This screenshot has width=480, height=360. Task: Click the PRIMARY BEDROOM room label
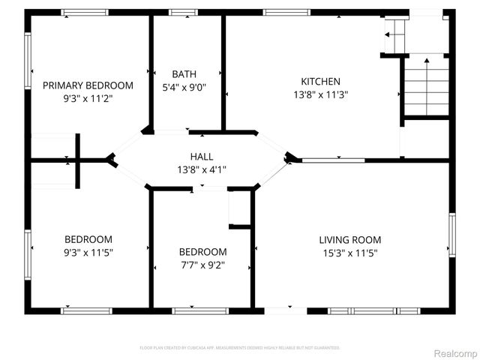(x=88, y=85)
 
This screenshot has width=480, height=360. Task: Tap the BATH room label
(x=184, y=74)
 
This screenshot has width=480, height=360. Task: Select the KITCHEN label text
(x=320, y=82)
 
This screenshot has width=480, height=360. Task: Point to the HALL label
(x=201, y=157)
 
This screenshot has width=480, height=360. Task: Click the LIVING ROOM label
(x=349, y=240)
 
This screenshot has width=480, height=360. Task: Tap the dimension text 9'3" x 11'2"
(x=88, y=98)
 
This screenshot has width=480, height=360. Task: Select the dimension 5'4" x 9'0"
(x=184, y=87)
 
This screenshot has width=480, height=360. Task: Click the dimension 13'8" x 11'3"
(x=320, y=94)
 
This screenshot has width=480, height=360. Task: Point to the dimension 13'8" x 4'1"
(x=201, y=169)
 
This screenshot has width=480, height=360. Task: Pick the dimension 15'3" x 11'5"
(x=349, y=253)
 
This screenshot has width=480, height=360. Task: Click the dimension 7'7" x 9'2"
(x=202, y=265)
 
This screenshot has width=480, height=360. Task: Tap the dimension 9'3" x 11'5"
(x=88, y=253)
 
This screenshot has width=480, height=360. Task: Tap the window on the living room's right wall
(x=451, y=234)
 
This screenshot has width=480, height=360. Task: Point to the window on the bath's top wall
(x=183, y=13)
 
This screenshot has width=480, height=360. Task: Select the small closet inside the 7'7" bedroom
(x=240, y=208)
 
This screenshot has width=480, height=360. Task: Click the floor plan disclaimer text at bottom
(x=240, y=348)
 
